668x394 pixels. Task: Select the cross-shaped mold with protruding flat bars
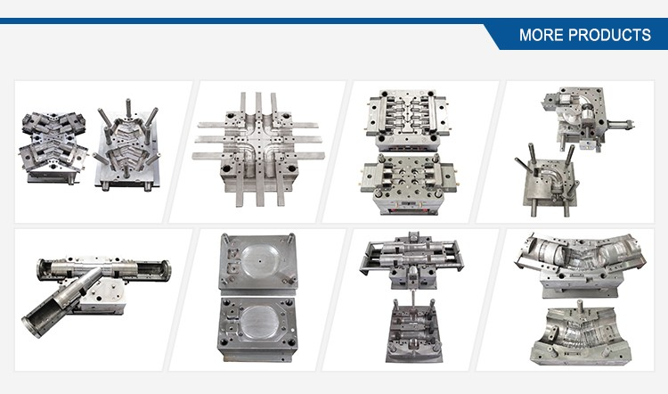point(258,149)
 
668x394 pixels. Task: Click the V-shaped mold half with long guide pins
point(127,146)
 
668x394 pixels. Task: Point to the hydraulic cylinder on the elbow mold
point(621,125)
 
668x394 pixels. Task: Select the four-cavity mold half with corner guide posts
point(409,184)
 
